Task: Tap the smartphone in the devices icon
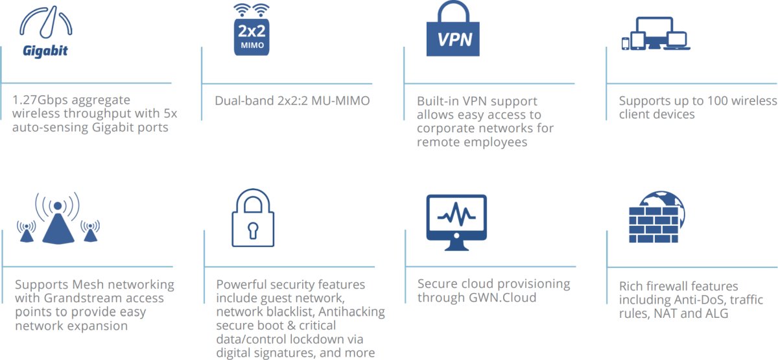(x=626, y=43)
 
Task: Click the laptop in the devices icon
(x=678, y=42)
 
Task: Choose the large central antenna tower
(x=58, y=224)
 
